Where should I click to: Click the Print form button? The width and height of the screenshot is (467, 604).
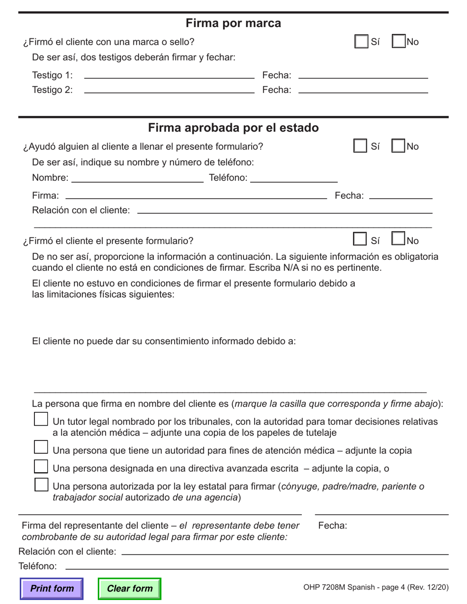point(52,588)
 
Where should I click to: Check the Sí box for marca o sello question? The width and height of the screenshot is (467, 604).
point(361,42)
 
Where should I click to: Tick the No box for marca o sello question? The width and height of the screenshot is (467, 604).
point(399,42)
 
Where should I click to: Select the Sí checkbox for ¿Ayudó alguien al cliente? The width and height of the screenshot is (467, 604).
point(360,146)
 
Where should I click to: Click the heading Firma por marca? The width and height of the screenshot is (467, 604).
point(233,23)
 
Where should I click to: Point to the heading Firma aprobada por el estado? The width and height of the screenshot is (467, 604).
point(233,128)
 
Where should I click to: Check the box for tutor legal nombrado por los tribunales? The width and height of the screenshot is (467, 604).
point(41,419)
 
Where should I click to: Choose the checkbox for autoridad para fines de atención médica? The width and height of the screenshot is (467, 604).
point(41,447)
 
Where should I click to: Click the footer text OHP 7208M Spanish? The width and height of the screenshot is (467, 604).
point(376,587)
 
